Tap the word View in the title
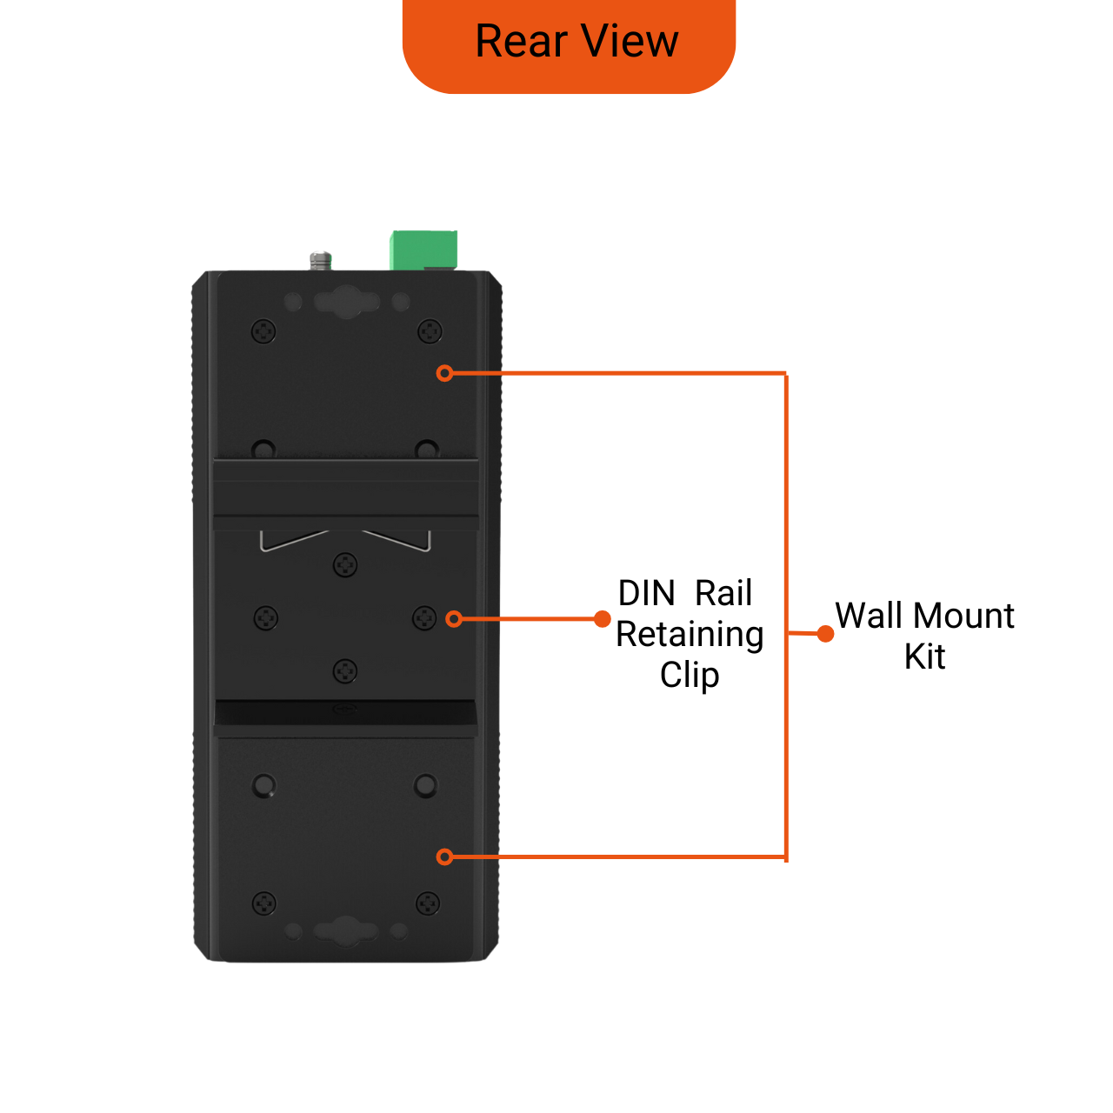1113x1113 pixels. pos(630,42)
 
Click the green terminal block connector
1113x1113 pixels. pos(423,250)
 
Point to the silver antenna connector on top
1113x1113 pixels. pos(321,259)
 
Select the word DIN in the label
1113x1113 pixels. pos(646,594)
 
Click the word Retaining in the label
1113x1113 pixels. pos(690,635)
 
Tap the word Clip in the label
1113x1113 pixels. pos(690,676)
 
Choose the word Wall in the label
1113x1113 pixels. pos(869,616)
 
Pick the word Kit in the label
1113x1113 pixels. pos(924,656)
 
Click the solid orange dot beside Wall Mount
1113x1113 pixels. pos(825,634)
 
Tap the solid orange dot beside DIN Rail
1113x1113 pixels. pos(602,619)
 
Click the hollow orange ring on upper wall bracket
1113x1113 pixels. pos(445,373)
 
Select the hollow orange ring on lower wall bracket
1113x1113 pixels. pos(445,857)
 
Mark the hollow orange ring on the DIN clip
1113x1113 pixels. pos(454,619)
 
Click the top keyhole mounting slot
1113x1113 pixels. pos(347,302)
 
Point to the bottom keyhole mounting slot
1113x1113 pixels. pos(346,930)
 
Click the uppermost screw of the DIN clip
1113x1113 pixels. pos(345,565)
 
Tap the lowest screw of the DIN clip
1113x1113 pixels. pos(345,671)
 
